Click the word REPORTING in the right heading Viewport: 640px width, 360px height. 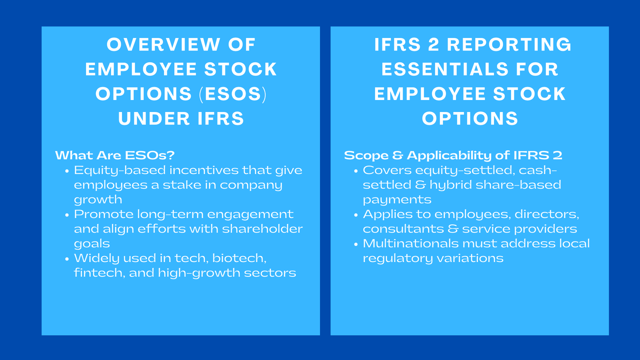point(509,45)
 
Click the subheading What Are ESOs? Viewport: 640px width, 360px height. point(115,155)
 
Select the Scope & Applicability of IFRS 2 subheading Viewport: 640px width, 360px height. point(453,155)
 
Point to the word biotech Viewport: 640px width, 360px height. point(239,258)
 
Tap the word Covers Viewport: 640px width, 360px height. point(387,170)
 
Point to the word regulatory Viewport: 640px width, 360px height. point(398,258)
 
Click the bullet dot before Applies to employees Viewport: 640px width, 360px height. point(356,215)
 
